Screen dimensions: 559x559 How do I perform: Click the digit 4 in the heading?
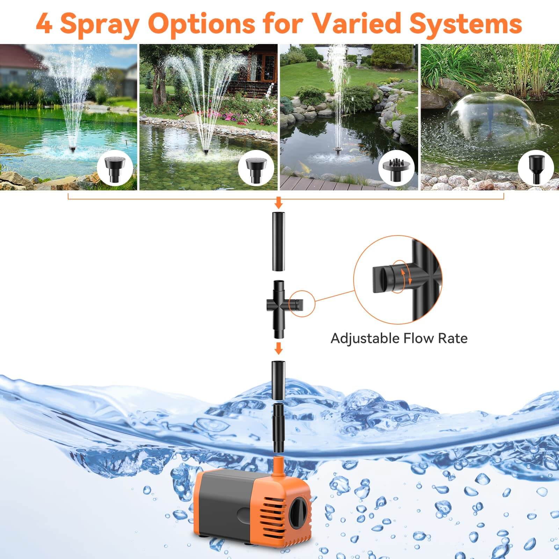pyautogui.click(x=44, y=24)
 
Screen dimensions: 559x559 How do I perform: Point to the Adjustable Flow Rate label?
pyautogui.click(x=399, y=338)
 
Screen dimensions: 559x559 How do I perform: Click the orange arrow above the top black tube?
pyautogui.click(x=278, y=202)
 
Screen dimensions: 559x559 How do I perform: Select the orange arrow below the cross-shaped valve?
pyautogui.click(x=278, y=348)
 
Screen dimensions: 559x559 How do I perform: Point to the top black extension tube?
pyautogui.click(x=279, y=241)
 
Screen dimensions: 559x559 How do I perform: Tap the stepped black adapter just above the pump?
pyautogui.click(x=278, y=428)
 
